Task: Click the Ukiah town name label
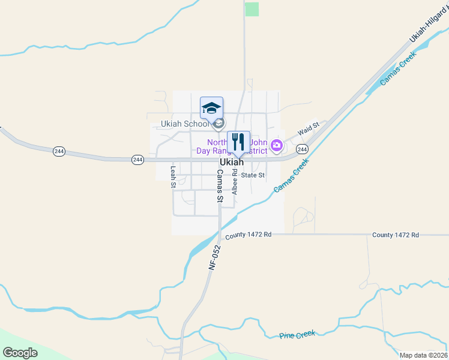(x=232, y=163)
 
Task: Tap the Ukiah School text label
(x=184, y=124)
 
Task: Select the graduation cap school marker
(x=211, y=108)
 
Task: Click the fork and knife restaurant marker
(x=238, y=142)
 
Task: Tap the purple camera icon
(x=276, y=145)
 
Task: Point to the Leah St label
(x=173, y=177)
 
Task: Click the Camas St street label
(x=220, y=185)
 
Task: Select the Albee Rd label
(x=235, y=181)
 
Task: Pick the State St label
(x=253, y=175)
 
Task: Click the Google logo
(x=20, y=353)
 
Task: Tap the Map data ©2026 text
(x=423, y=355)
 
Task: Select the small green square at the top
(x=252, y=9)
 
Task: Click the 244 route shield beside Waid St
(x=302, y=149)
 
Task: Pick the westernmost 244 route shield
(x=59, y=151)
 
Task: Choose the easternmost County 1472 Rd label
(x=395, y=235)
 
